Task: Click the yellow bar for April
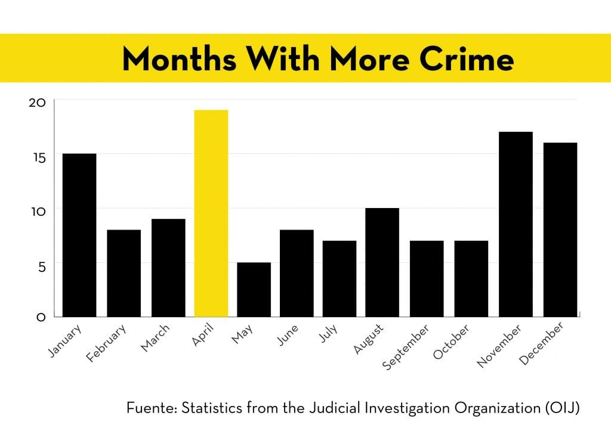point(211,213)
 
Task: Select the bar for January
point(79,235)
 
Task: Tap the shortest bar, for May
point(254,289)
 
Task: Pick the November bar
point(516,224)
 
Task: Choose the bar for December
point(560,230)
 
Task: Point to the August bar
point(382,262)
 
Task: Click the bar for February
point(124,273)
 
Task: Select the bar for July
point(340,278)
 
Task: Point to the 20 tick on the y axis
point(37,103)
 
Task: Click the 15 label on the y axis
point(37,157)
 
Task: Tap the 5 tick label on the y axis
point(40,266)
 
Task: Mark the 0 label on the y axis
point(41,317)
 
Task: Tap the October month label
point(452,342)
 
